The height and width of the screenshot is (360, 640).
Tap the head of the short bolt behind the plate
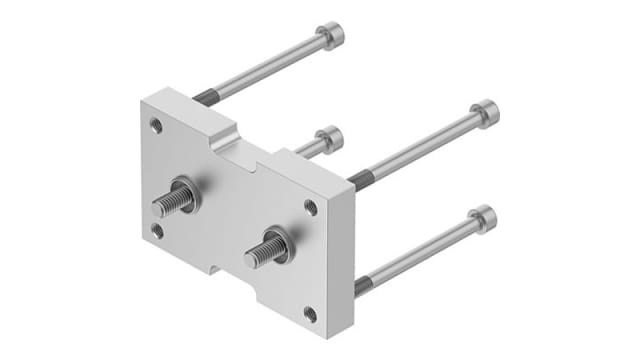coord(329,138)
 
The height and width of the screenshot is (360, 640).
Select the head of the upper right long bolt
coord(484,113)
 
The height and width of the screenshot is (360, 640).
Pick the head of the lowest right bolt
coord(481,217)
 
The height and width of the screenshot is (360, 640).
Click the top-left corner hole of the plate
coord(155,126)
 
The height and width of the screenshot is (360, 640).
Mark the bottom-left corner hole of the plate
coord(157,231)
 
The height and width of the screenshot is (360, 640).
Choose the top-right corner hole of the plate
coord(311,208)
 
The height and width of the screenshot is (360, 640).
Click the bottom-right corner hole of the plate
coord(311,314)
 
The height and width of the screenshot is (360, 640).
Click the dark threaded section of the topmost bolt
coord(204,97)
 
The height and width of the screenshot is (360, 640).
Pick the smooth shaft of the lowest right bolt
coord(420,251)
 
